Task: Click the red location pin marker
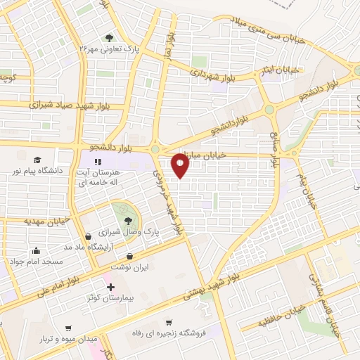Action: pyautogui.click(x=181, y=167)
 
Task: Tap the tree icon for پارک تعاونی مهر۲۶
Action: pyautogui.click(x=108, y=38)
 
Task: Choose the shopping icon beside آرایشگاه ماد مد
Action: pyautogui.click(x=87, y=237)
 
